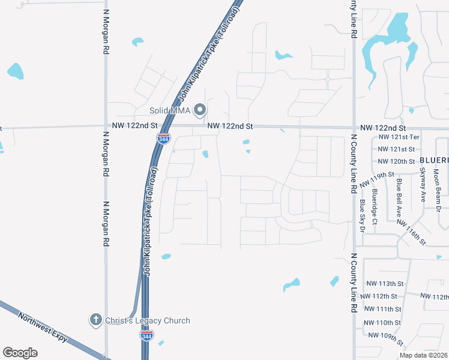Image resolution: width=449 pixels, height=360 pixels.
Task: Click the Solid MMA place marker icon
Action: (x=200, y=110)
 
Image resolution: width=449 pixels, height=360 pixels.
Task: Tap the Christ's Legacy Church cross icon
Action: (x=95, y=320)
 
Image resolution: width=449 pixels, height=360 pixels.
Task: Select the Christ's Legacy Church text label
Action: (x=148, y=320)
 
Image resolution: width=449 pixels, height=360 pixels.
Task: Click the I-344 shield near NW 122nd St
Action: (x=163, y=138)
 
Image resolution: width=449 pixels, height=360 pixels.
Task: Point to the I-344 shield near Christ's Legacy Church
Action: (x=146, y=335)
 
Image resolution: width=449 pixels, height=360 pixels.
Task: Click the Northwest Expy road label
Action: (x=43, y=328)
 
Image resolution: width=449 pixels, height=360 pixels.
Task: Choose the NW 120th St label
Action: (x=396, y=161)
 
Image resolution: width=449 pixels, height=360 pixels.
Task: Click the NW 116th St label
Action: (x=411, y=232)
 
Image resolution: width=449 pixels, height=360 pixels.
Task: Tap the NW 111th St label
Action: (x=384, y=308)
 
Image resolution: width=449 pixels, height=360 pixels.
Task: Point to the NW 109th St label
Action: (x=385, y=338)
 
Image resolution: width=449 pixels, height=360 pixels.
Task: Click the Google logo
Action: (x=20, y=352)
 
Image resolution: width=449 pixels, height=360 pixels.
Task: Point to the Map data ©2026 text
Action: (x=424, y=355)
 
